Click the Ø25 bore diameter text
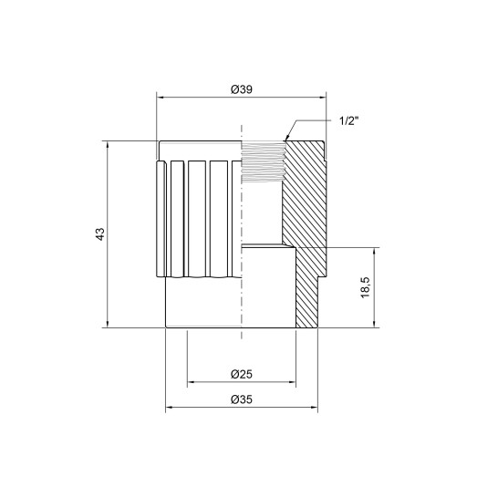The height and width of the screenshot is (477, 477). tap(241, 374)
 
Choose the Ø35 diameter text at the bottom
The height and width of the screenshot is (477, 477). tap(241, 399)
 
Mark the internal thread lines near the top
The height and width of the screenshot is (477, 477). tap(264, 164)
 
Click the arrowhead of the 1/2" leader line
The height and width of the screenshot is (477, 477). tap(286, 138)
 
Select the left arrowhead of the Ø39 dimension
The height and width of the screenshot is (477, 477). tap(161, 95)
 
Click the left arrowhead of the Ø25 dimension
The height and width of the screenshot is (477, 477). tap(191, 382)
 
